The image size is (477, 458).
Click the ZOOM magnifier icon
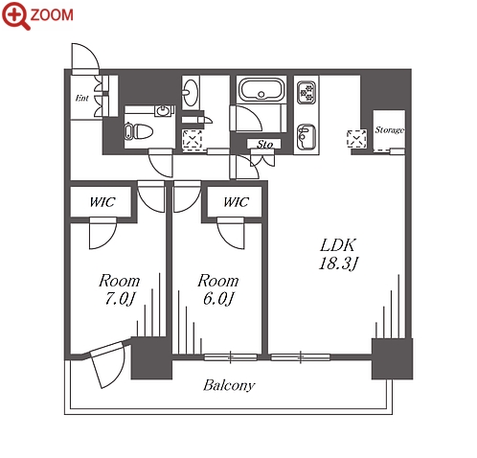[x=15, y=15]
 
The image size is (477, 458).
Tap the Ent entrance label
[x=81, y=98]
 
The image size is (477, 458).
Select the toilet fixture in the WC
[x=139, y=131]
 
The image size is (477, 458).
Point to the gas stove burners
[x=307, y=92]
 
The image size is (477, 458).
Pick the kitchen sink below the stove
[x=306, y=137]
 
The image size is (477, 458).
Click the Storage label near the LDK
[x=389, y=130]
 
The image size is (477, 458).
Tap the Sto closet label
[x=264, y=145]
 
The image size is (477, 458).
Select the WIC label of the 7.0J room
[x=102, y=202]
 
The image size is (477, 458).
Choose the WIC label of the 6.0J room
[x=236, y=202]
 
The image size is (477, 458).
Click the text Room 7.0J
[x=119, y=289]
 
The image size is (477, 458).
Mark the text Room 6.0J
[x=218, y=289]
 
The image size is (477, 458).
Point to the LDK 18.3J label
[x=338, y=254]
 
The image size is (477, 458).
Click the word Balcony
[x=229, y=385]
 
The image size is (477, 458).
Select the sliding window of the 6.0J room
[x=230, y=357]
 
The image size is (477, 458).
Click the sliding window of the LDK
[x=300, y=357]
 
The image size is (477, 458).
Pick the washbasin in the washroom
[x=191, y=93]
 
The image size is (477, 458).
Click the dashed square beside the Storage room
[x=356, y=139]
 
